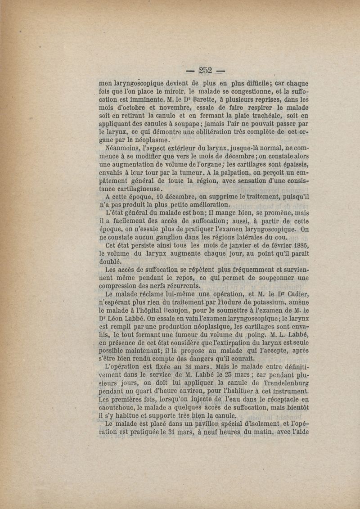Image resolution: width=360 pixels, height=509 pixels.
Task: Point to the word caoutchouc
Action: click(x=121, y=407)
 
